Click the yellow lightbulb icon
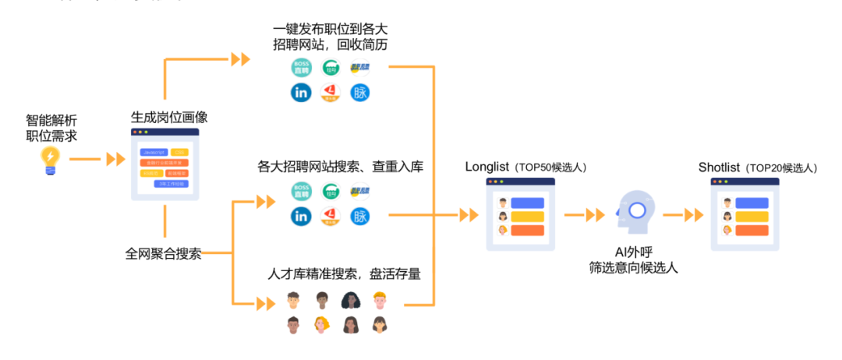coord(51,160)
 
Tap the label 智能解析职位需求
coord(51,128)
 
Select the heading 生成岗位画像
coord(169,118)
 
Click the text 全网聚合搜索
coord(164,253)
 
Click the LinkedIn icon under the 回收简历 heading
coord(301,93)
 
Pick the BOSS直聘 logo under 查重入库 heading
coord(301,190)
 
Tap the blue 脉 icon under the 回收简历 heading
coord(360,93)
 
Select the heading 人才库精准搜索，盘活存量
coord(345,274)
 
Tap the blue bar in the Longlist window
coord(528,203)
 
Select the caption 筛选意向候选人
coord(633,268)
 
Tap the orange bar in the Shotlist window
coord(752,230)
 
